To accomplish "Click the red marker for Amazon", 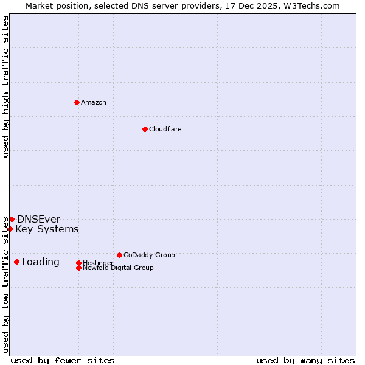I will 77,102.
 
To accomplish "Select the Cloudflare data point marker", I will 145,129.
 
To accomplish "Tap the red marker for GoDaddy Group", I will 119,255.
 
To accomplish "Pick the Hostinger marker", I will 78,263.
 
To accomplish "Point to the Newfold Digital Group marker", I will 78,268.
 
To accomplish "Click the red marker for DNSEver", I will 12,219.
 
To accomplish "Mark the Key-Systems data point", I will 10,229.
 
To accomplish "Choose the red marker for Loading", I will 16,262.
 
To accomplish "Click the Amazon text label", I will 94,102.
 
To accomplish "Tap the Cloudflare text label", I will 165,129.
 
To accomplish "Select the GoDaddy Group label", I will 149,255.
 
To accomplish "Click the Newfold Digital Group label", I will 119,268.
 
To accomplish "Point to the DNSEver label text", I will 38,219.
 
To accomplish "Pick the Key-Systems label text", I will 47,229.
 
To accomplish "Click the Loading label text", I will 41,262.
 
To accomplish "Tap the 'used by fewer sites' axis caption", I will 63,360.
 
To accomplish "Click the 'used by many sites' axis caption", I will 305,360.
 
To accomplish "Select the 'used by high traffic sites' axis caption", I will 6,86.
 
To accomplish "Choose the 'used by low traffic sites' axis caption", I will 6,285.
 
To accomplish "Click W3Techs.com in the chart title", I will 310,5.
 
